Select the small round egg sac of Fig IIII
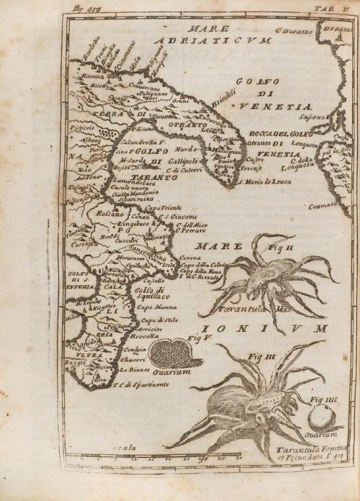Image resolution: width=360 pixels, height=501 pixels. (x=319, y=417)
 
